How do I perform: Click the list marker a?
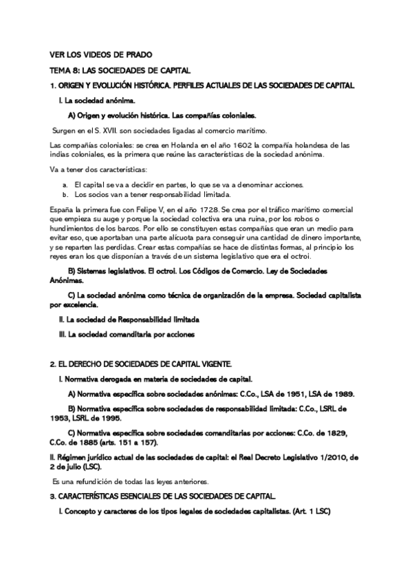[x=65, y=185]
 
